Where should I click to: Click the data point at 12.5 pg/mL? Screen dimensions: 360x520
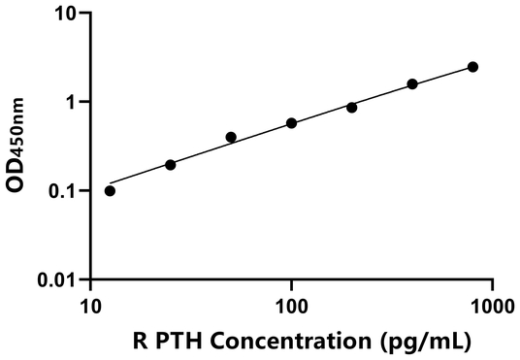[x=110, y=190]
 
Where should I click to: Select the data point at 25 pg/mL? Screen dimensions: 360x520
[x=171, y=165]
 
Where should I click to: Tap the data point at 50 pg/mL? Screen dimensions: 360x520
[x=231, y=137]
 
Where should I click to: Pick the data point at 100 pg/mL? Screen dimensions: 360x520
[x=291, y=123]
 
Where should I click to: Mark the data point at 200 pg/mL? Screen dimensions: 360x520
[x=352, y=107]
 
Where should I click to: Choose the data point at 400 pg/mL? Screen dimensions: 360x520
[x=412, y=84]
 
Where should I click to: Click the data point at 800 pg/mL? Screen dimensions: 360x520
[x=472, y=67]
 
